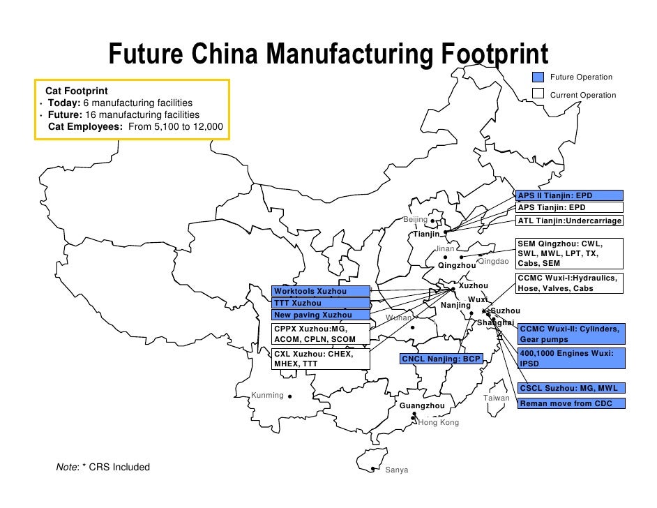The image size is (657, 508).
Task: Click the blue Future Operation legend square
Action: click(538, 77)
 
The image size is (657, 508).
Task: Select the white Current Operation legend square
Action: click(538, 94)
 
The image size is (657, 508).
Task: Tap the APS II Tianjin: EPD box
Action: click(568, 195)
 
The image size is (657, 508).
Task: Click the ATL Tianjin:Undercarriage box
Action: click(568, 221)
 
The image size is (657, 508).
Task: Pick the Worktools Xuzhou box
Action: click(320, 290)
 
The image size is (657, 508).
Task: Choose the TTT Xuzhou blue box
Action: click(320, 303)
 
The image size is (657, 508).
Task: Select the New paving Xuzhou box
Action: click(320, 315)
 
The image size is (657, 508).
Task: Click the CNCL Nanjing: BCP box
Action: click(441, 359)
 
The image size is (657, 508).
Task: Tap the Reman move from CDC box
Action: click(571, 403)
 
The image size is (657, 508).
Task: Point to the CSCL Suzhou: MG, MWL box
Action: click(571, 388)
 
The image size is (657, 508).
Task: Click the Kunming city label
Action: click(267, 396)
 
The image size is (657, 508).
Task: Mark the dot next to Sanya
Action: click(374, 469)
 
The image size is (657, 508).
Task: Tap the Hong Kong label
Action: click(439, 423)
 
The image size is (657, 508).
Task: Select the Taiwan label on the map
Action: click(497, 398)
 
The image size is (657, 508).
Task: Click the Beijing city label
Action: click(416, 220)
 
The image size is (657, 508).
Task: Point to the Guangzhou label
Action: click(422, 405)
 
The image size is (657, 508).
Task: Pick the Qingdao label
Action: click(494, 261)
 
